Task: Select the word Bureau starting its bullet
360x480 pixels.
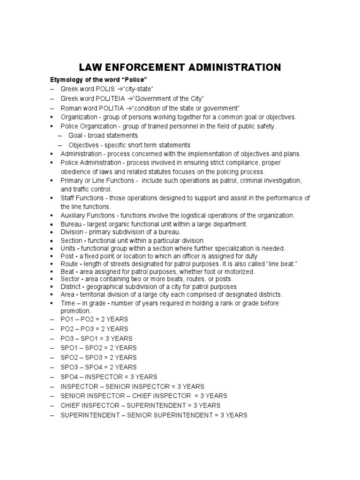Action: tap(71, 225)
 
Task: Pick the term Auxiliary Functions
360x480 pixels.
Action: tap(88, 215)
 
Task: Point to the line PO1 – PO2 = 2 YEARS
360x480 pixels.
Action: tap(94, 319)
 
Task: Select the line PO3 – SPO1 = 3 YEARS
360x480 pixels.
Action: tap(97, 338)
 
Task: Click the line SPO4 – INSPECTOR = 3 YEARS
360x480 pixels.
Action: tap(109, 377)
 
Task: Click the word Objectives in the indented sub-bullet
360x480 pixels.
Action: tap(84, 145)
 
